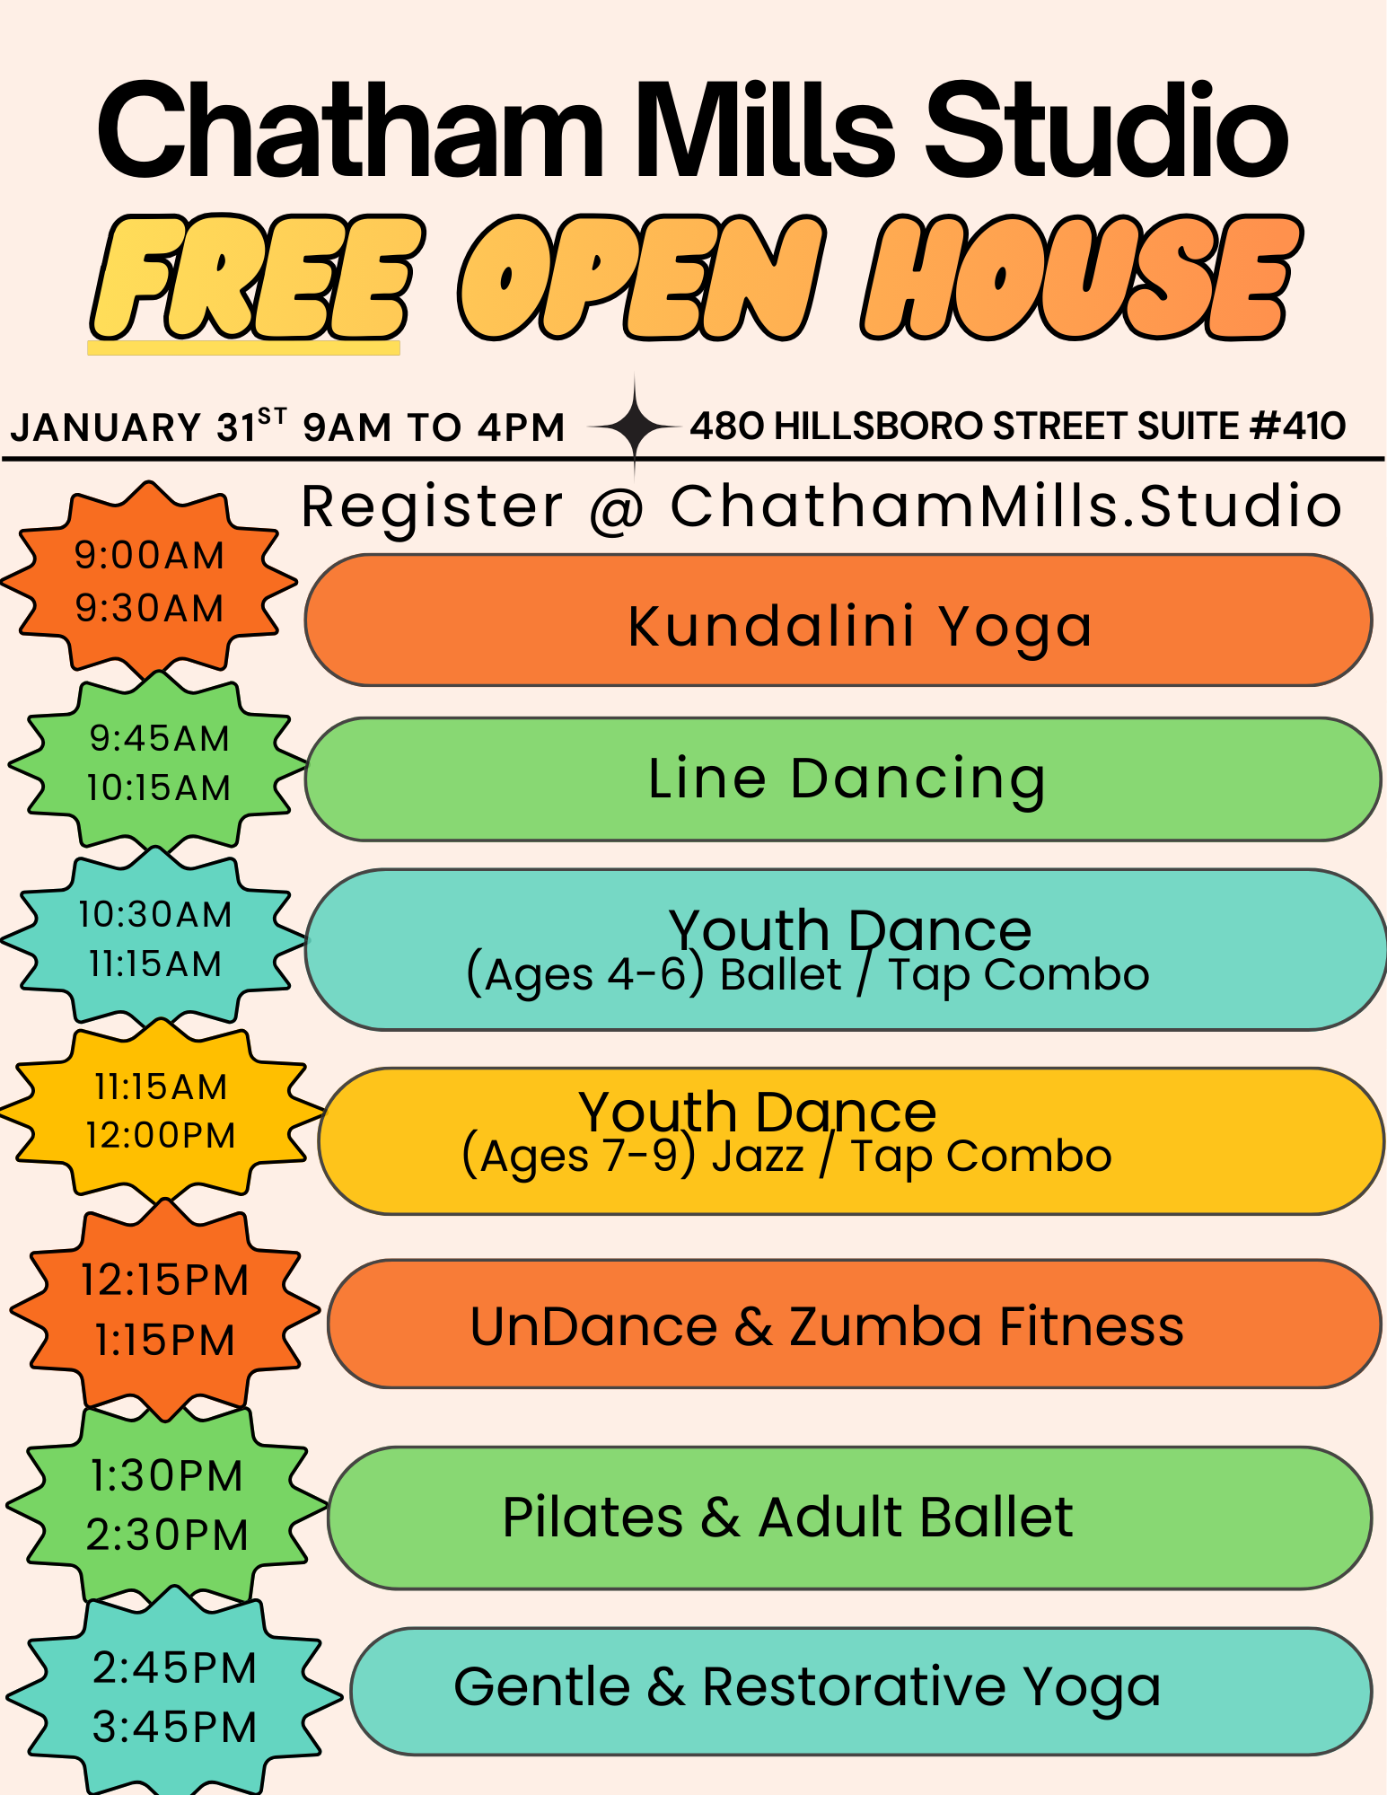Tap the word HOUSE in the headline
[1082, 277]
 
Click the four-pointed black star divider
[635, 426]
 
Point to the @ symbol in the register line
[617, 508]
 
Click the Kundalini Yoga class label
[860, 627]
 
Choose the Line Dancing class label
[847, 779]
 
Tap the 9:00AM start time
[149, 556]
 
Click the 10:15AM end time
[158, 788]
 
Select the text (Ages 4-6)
[585, 975]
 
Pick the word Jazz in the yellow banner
[758, 1156]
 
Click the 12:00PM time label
[161, 1135]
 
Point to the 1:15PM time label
[165, 1341]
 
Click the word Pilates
[593, 1518]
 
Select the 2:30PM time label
[167, 1535]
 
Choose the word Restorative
[854, 1686]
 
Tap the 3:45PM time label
[174, 1727]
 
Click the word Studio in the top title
[1106, 131]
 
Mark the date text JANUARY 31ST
[149, 426]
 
